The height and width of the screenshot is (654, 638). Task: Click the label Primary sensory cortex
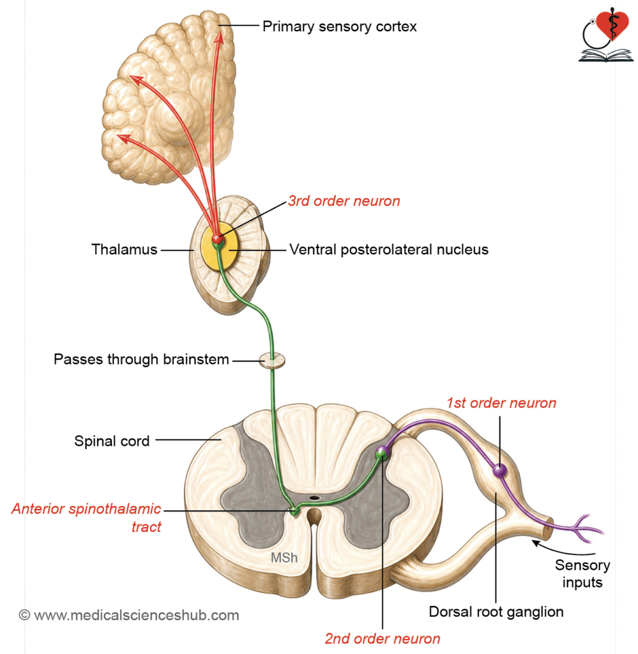tap(339, 27)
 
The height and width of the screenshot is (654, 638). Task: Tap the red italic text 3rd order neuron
tap(344, 201)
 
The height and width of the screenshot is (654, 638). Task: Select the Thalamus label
tap(125, 250)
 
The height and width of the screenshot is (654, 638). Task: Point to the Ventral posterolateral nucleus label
tap(389, 250)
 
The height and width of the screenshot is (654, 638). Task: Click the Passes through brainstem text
tap(141, 359)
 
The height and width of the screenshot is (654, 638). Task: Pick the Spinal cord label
tap(112, 441)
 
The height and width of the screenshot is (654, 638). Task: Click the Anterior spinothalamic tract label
tap(86, 517)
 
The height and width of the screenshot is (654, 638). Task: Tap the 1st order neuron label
tap(501, 403)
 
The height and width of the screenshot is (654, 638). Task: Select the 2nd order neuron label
tap(383, 639)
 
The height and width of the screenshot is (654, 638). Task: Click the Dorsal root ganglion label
tap(496, 612)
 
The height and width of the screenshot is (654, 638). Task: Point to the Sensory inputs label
tap(582, 574)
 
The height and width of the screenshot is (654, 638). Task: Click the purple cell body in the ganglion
tap(499, 471)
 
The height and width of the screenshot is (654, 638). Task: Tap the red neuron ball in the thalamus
tap(217, 239)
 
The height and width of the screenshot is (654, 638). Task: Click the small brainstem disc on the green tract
tap(272, 360)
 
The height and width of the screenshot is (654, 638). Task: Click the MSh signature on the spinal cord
tap(284, 558)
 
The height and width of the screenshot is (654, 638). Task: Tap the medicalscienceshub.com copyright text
tap(129, 615)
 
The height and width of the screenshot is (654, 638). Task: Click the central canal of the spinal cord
tap(314, 498)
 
